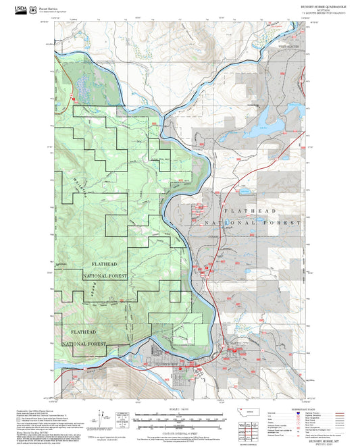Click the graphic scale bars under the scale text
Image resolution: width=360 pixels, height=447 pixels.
pos(180,420)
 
